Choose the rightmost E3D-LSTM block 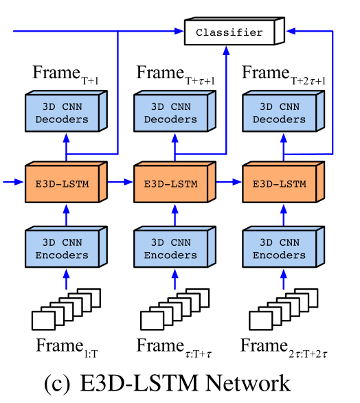point(282,183)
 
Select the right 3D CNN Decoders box point(282,113)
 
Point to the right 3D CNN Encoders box point(282,249)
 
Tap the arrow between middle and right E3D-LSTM point(229,182)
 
